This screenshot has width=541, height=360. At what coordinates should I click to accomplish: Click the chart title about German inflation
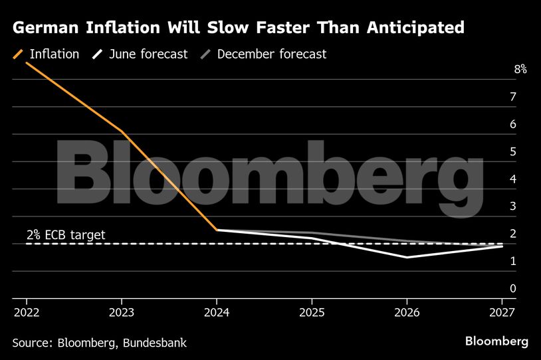[238, 28]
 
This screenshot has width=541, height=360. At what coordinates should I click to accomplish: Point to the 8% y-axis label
[520, 70]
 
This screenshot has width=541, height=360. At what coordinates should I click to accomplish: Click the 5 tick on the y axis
[513, 151]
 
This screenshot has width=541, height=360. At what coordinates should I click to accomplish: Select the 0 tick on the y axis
[513, 288]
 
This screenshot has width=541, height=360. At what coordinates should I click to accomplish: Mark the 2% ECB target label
[66, 234]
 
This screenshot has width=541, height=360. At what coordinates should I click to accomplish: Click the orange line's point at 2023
[122, 132]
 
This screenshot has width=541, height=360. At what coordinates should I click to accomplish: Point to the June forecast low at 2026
[407, 257]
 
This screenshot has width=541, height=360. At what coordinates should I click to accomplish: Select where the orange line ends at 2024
[217, 230]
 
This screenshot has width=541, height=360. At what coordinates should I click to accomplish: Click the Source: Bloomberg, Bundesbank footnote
[99, 343]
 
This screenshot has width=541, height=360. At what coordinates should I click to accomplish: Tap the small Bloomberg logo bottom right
[496, 341]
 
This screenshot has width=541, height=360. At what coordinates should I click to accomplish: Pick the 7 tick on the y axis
[513, 97]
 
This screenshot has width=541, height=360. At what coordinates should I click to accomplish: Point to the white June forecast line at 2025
[312, 238]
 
